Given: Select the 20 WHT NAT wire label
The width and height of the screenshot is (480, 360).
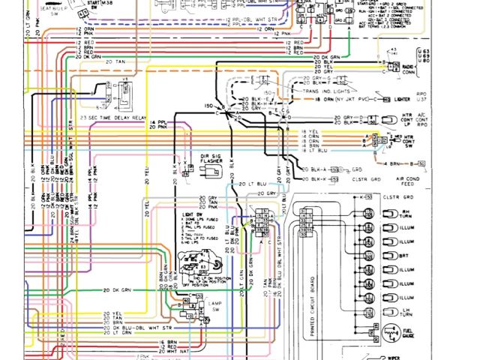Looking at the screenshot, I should [x=175, y=350].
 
